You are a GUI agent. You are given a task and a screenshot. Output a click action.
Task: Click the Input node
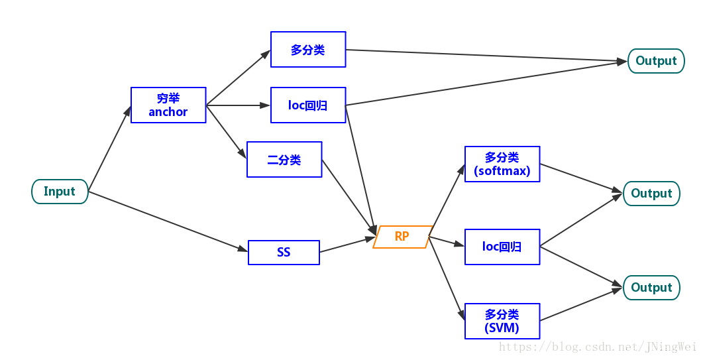[x=60, y=192]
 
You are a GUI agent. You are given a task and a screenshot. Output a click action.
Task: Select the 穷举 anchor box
[x=168, y=105]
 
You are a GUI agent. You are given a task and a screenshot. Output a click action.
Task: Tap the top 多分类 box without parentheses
[x=308, y=50]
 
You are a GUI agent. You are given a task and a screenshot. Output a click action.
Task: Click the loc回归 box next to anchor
[x=308, y=105]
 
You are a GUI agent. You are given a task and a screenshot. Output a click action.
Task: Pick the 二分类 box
[x=284, y=160]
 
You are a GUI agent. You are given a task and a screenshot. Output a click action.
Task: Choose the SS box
[x=284, y=253]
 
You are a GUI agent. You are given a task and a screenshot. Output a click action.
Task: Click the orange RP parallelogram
[x=402, y=237]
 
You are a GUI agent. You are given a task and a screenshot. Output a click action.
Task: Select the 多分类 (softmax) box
[x=502, y=164]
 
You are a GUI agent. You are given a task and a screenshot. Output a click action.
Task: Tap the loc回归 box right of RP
[x=502, y=247]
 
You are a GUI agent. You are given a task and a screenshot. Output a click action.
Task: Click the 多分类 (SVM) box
[x=502, y=322]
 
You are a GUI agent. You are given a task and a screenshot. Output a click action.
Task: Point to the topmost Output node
[x=656, y=61]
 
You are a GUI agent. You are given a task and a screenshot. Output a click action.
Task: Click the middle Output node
[x=651, y=194]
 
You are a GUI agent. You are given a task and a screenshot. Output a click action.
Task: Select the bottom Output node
[x=651, y=288]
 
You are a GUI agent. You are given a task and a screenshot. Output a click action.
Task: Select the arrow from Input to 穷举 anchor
[x=110, y=149]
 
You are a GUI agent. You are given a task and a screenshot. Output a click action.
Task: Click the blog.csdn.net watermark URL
[x=596, y=347]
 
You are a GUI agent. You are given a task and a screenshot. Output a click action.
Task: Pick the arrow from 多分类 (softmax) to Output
[x=581, y=179]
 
